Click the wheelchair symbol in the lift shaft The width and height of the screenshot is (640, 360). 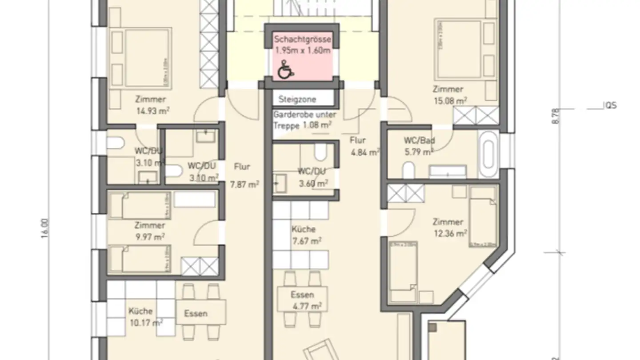pyautogui.click(x=285, y=70)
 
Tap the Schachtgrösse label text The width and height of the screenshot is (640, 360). pyautogui.click(x=302, y=40)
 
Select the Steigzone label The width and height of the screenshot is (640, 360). pyautogui.click(x=297, y=99)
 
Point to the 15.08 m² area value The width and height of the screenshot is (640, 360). pyautogui.click(x=450, y=101)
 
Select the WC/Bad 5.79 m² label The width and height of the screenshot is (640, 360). pyautogui.click(x=419, y=146)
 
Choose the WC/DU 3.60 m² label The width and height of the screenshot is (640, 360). pyautogui.click(x=312, y=177)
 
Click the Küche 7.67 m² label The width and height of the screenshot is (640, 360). pyautogui.click(x=305, y=235)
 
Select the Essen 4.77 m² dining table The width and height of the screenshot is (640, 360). pyautogui.click(x=302, y=300)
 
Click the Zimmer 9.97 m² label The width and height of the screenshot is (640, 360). pyautogui.click(x=150, y=231)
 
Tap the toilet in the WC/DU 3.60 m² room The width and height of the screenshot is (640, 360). pyautogui.click(x=320, y=152)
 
